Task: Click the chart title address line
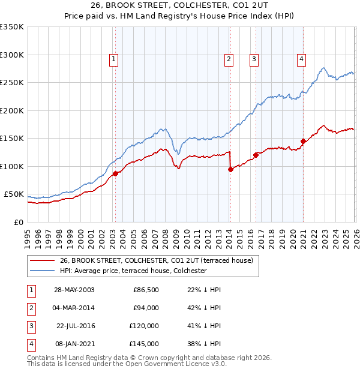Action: click(x=180, y=6)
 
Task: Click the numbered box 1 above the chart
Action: click(x=113, y=59)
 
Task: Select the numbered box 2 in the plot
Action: click(x=229, y=59)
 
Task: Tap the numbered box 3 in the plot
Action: click(x=254, y=59)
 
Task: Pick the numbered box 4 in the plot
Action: click(x=301, y=59)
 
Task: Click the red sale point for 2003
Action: click(x=115, y=174)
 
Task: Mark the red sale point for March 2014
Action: click(x=230, y=170)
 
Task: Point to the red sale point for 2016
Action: click(x=256, y=155)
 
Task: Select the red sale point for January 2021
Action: click(x=303, y=142)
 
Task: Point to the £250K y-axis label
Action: click(x=12, y=83)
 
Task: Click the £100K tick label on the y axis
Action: click(x=12, y=166)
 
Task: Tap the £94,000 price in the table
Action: click(x=145, y=308)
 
